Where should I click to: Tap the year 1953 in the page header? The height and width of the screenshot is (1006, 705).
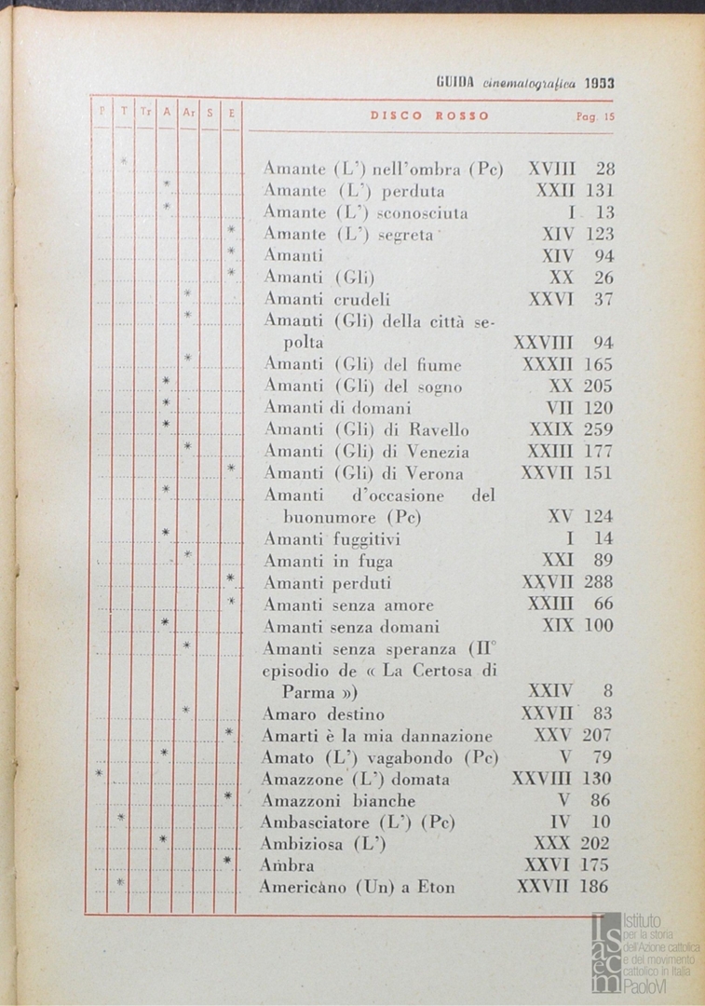tap(600, 82)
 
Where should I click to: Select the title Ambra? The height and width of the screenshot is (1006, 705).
tap(288, 865)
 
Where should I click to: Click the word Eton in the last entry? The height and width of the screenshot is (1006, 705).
tap(435, 888)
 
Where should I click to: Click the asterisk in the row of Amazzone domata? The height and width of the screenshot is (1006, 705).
tap(99, 775)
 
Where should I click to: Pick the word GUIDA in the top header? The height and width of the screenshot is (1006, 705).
tap(455, 82)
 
